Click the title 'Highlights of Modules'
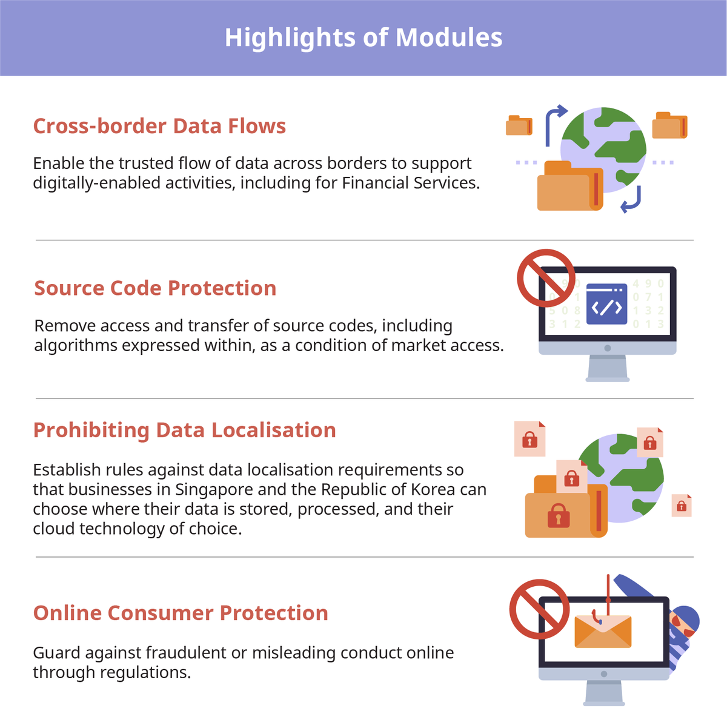(x=363, y=38)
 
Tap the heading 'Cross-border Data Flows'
(x=159, y=125)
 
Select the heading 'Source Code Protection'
(x=155, y=288)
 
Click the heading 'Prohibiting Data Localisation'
(x=185, y=430)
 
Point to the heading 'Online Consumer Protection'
(x=181, y=613)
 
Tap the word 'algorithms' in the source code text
(x=76, y=346)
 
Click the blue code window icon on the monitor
(x=606, y=304)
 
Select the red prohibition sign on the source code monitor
(x=546, y=278)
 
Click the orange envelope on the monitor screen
(x=603, y=633)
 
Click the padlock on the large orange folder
(x=559, y=515)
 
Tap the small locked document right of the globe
(x=682, y=506)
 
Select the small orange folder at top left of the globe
(x=519, y=125)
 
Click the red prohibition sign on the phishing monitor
(x=539, y=609)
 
